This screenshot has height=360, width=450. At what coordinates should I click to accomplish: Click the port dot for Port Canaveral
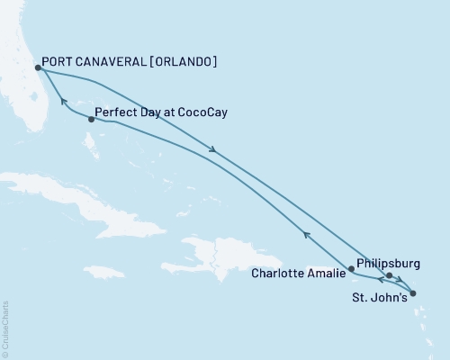pyautogui.click(x=38, y=67)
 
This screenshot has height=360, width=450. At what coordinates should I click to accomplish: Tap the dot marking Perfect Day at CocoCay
pyautogui.click(x=92, y=119)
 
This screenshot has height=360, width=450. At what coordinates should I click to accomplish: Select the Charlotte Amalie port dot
pyautogui.click(x=352, y=268)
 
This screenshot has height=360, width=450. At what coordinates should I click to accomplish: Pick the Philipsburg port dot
pyautogui.click(x=389, y=275)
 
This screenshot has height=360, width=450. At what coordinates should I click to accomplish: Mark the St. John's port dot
pyautogui.click(x=412, y=292)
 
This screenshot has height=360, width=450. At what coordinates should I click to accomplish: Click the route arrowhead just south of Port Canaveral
pyautogui.click(x=62, y=101)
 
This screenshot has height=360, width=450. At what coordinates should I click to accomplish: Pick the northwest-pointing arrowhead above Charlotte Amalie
pyautogui.click(x=307, y=236)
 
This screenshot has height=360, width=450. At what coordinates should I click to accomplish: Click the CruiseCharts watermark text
pyautogui.click(x=5, y=328)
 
